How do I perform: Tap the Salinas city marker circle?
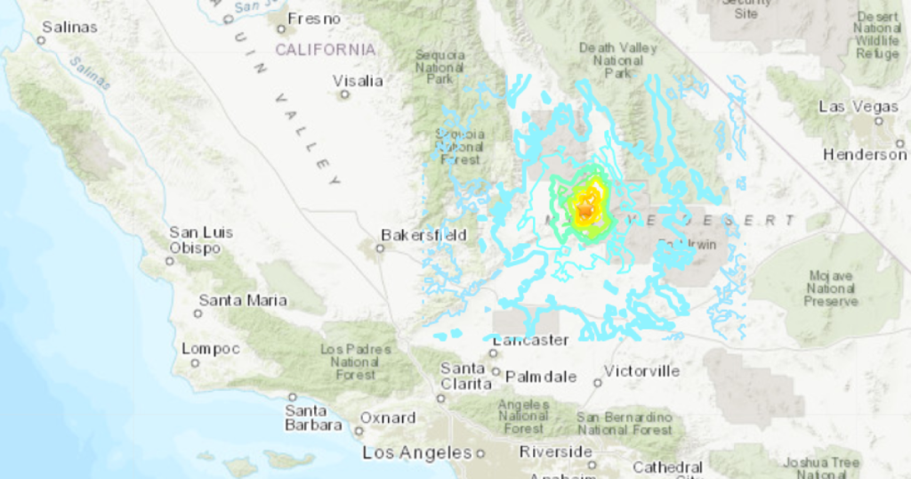[x=41, y=40]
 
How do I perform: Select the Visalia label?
[x=358, y=81]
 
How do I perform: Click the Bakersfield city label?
[x=423, y=235]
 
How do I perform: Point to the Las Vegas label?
[x=845, y=107]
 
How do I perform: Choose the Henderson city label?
[x=864, y=154]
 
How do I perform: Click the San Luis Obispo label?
[x=201, y=239]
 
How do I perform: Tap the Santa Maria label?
[x=243, y=300]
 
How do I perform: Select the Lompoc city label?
[x=211, y=349]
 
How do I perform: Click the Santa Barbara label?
[x=313, y=418]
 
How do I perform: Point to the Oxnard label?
[x=387, y=418]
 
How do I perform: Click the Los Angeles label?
[x=416, y=453]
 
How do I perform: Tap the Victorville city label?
[x=641, y=370]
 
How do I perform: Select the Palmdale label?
[x=542, y=377]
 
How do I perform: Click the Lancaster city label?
[x=530, y=340]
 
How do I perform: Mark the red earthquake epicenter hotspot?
[x=584, y=210]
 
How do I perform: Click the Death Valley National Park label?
[x=610, y=61]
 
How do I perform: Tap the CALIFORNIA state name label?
[x=325, y=50]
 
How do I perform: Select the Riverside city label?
[x=556, y=451]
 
